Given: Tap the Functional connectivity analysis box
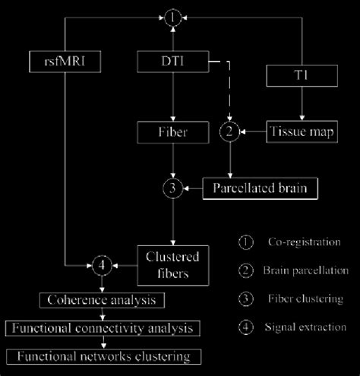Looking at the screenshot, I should [103, 328].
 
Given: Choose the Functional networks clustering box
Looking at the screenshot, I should [103, 355].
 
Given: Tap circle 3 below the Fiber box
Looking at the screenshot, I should [176, 187].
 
